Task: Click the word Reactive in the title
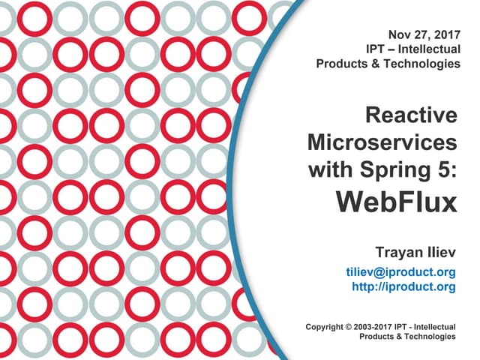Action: click(x=411, y=115)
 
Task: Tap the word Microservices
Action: click(x=382, y=142)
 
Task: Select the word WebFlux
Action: click(x=397, y=202)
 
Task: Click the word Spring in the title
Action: click(x=395, y=170)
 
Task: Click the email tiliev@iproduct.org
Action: click(x=401, y=271)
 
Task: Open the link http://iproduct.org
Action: click(x=403, y=286)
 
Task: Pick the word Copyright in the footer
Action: click(x=324, y=327)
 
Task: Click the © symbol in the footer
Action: click(x=348, y=327)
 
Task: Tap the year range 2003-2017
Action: click(x=373, y=327)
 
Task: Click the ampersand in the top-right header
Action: click(x=378, y=64)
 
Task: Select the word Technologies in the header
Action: click(x=422, y=64)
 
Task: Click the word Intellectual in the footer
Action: click(x=435, y=327)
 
